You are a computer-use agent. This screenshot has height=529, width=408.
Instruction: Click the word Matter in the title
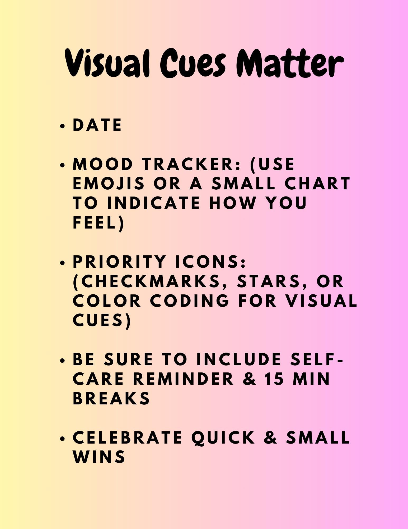coord(290,63)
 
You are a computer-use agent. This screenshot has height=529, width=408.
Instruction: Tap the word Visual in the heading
coord(107,63)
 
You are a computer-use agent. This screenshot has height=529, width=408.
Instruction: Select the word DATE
coord(97,125)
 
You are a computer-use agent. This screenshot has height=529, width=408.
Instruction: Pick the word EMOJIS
coord(109,184)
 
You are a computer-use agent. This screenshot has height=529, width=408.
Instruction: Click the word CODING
coord(190,300)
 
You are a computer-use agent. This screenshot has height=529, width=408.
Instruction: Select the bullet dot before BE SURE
coord(63,360)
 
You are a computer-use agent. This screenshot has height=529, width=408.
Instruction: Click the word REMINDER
coord(184,378)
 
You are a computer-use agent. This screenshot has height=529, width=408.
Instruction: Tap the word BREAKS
coord(111,398)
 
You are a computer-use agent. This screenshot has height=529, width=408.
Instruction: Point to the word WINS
coord(99,457)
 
